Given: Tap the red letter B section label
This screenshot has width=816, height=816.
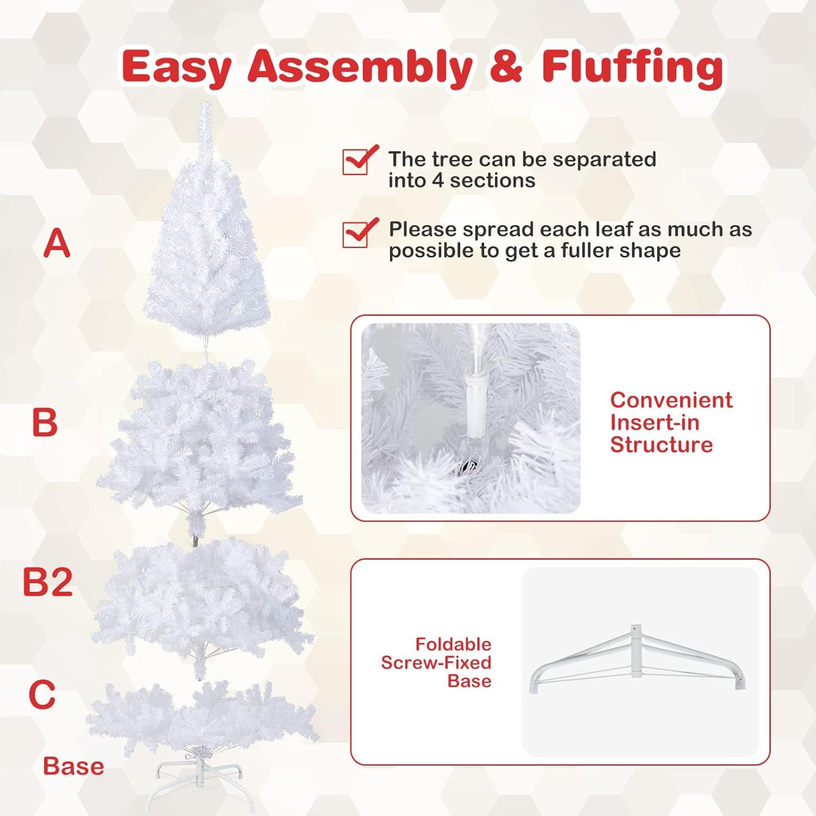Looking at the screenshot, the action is pos(45,422).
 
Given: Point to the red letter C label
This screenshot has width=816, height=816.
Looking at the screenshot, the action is pos(42,694).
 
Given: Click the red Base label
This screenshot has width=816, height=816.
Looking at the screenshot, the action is pos(73,766).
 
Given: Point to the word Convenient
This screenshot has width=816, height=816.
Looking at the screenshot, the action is pos(671,400).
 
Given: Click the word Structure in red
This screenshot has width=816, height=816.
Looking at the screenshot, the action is pos(662,444).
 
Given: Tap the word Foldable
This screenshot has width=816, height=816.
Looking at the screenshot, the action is pos(453,644).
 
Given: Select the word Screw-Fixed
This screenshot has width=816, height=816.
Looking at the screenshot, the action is pos(436,663).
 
